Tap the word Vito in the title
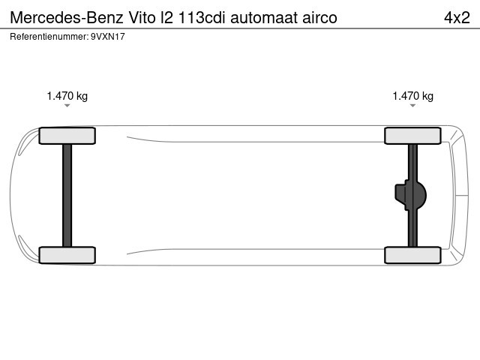point(142,18)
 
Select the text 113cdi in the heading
point(202,18)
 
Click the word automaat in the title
point(264,18)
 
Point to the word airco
point(320,18)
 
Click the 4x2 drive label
point(457,18)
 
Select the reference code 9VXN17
point(108,37)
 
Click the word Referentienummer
point(48,37)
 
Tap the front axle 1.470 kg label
point(67,96)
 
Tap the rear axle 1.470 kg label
point(413,96)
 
